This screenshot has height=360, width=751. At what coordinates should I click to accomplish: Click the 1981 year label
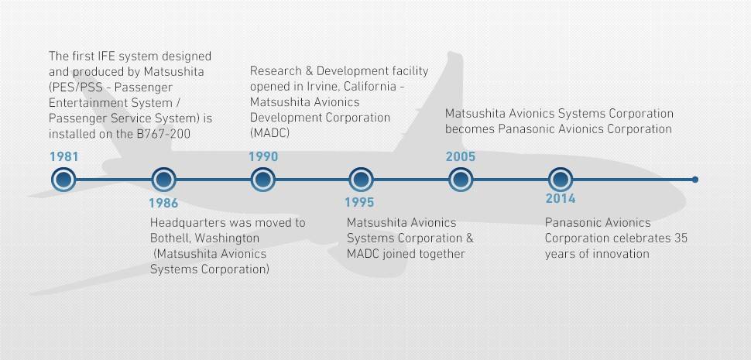[63, 156]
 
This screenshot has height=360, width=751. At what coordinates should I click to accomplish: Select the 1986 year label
[163, 203]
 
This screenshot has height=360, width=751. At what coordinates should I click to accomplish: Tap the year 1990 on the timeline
[263, 156]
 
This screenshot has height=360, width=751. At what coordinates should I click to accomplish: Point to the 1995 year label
[359, 203]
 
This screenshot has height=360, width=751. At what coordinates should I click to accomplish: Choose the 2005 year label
[460, 156]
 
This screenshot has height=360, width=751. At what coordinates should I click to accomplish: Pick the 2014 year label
[561, 198]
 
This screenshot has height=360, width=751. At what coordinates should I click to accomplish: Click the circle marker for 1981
[63, 180]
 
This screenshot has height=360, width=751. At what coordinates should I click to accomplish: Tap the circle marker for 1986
[163, 180]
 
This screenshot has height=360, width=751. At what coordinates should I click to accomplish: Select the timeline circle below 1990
[263, 180]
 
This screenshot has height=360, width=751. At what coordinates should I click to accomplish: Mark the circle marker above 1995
[361, 180]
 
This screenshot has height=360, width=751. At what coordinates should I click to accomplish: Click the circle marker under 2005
[461, 180]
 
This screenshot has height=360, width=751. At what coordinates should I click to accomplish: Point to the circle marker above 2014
[561, 180]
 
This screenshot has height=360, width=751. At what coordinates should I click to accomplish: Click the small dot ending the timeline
[695, 180]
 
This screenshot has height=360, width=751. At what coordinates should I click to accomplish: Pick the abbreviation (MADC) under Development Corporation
[269, 133]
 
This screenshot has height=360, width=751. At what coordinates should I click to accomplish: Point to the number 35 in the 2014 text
[680, 238]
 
